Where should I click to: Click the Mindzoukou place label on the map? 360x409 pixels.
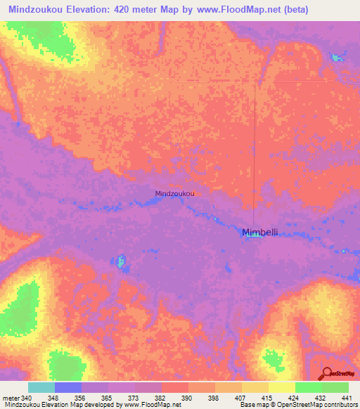pos(174,193)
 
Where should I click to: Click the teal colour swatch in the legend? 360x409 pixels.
pos(41,387)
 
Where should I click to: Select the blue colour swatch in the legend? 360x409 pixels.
pos(67,387)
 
